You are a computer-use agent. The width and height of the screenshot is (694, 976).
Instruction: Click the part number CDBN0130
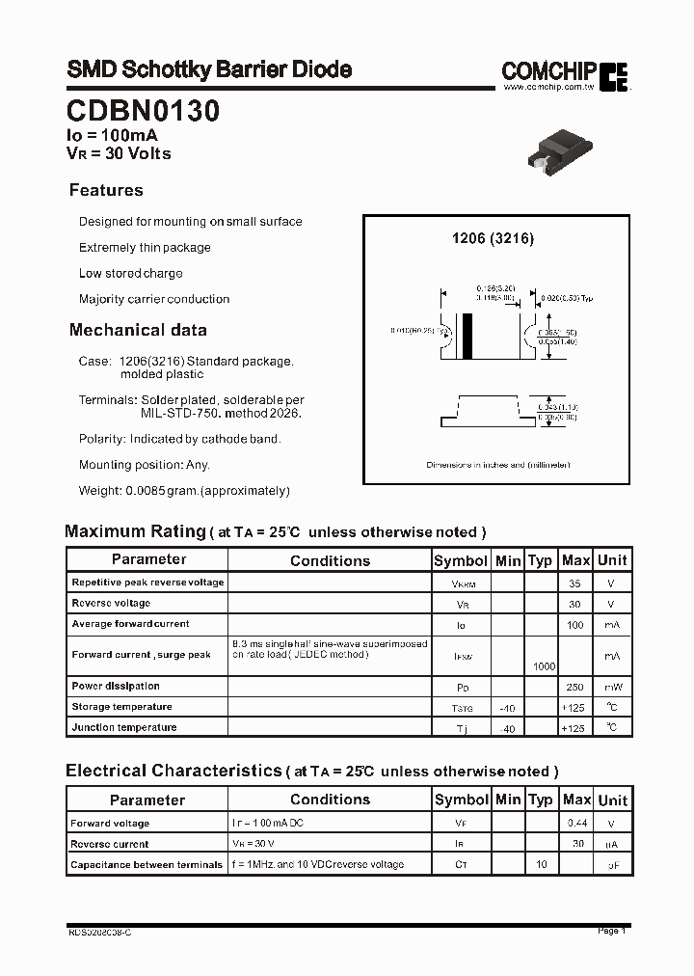coord(143,111)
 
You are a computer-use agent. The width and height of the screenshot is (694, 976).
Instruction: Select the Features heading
coord(106,190)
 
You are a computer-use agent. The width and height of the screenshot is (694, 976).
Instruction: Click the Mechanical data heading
coord(138,330)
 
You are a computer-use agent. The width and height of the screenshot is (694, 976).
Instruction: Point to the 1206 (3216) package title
coord(494,238)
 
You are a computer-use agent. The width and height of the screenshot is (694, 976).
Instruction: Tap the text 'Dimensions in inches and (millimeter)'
coord(498,465)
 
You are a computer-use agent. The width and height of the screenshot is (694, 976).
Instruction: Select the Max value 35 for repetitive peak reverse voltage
coord(575,583)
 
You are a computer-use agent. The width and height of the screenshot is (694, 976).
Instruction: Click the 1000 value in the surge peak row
coord(544,666)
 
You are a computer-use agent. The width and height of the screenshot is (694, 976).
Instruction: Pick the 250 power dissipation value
coord(575,687)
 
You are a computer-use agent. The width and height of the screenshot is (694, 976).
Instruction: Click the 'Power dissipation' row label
coord(116,687)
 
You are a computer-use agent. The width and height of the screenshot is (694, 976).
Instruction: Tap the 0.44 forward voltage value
coord(576,823)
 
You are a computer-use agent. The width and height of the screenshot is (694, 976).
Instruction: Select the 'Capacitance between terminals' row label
coord(147,865)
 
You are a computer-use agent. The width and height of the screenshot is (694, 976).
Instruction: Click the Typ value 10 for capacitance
coord(542,864)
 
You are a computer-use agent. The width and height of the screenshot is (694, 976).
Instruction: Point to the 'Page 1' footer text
coord(611,931)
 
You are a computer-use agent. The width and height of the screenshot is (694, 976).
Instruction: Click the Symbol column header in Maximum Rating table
coord(461,560)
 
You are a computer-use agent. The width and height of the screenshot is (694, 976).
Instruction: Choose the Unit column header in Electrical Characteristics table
coord(612,800)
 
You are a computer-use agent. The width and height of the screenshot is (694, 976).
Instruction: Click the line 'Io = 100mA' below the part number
coord(112,137)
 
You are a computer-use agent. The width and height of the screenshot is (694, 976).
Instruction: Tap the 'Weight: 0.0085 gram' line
coord(184,491)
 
